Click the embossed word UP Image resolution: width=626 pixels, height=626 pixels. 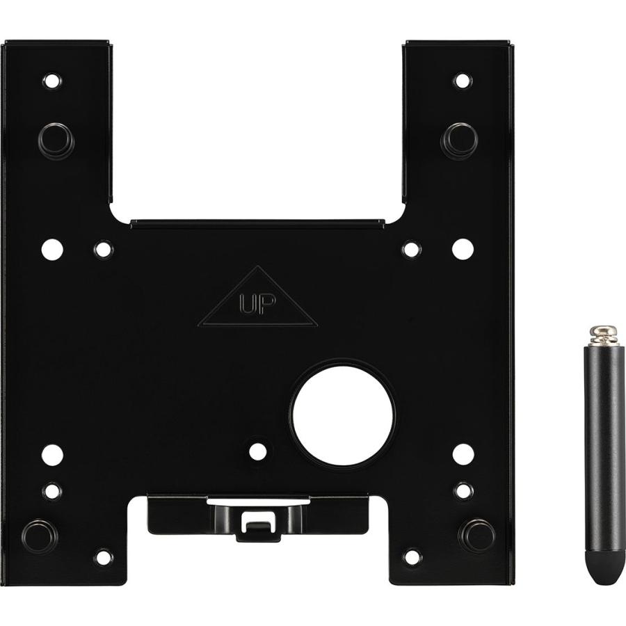point(257,305)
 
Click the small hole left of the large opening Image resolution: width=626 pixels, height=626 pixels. point(258,451)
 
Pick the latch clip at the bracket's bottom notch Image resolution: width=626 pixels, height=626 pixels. point(258,519)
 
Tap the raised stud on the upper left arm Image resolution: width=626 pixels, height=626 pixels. point(56,141)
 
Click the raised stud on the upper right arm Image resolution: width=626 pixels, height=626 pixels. point(460,141)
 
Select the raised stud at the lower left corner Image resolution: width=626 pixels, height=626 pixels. point(40,536)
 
